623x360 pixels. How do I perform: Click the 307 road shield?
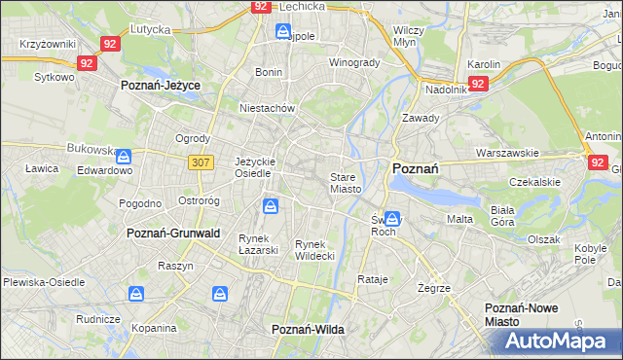[x=202, y=162]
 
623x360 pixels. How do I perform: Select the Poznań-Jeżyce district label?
[x=161, y=86]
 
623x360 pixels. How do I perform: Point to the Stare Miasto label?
[x=346, y=183]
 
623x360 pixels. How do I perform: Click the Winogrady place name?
[x=354, y=62]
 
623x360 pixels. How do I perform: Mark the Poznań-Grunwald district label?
[x=174, y=234]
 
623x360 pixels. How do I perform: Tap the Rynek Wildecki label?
[x=314, y=250]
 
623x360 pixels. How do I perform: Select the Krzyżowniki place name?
[x=47, y=45]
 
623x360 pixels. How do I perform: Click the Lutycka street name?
[x=150, y=30]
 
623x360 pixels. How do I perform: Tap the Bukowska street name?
[x=92, y=149]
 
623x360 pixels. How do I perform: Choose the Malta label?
[x=459, y=219]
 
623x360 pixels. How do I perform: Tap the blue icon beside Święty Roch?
[x=392, y=220]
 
